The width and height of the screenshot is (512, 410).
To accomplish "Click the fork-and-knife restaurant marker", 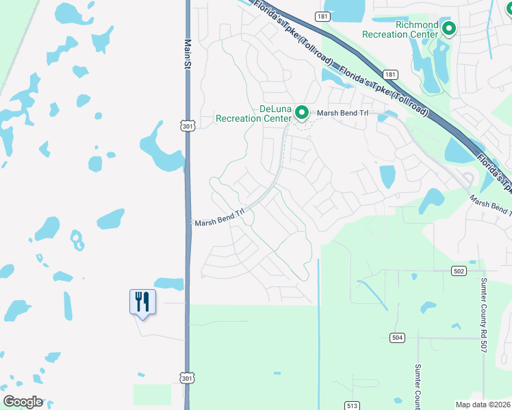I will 142,301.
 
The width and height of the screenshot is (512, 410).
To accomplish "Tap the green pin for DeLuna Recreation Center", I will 300,113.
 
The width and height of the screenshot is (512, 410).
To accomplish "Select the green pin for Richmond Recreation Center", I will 449,29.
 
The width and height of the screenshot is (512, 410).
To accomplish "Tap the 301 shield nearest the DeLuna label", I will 188,126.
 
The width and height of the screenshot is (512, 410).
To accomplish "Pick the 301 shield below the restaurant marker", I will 188,377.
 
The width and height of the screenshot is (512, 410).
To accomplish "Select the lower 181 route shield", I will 389,74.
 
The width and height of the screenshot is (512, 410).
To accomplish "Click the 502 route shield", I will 459,271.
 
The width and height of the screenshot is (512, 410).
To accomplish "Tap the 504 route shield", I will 397,338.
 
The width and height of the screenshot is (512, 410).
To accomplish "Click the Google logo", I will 23,402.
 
